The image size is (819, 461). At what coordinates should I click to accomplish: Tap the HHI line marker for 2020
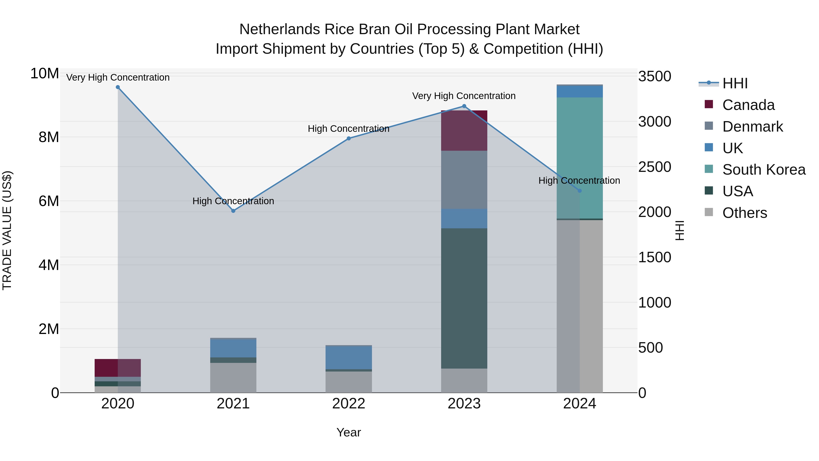[x=118, y=87]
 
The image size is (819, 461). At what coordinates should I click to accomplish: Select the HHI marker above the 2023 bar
[x=464, y=106]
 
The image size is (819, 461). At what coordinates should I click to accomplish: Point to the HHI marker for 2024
[x=579, y=191]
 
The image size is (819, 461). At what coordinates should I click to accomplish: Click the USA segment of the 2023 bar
[x=464, y=298]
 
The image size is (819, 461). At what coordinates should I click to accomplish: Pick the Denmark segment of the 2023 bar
[x=464, y=180]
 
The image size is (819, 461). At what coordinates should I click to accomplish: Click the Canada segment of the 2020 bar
[x=118, y=368]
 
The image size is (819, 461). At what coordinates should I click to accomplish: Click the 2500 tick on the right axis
[x=655, y=167]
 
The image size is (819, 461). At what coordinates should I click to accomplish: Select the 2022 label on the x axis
[x=349, y=404]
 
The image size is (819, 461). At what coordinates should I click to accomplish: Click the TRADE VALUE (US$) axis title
[x=7, y=230]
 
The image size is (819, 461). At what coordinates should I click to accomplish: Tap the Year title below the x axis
[x=349, y=432]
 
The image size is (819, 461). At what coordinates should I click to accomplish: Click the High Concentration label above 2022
[x=349, y=129]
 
